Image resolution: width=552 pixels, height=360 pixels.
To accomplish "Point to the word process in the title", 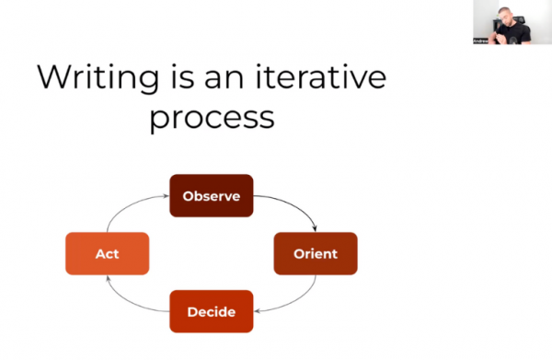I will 212,119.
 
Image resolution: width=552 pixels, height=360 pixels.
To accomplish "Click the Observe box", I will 212,195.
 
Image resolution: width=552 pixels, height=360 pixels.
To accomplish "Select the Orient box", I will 315,253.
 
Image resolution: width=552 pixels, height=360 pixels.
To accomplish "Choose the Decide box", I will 212,311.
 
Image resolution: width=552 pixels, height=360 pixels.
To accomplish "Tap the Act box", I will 107,253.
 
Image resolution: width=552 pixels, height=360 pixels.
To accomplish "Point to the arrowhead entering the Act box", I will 108,279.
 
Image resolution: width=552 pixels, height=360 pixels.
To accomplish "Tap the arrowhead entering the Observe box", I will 166,195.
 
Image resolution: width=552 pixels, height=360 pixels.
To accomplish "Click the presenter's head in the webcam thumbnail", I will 505,13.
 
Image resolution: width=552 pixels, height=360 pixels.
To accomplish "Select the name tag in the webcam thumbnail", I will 481,41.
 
